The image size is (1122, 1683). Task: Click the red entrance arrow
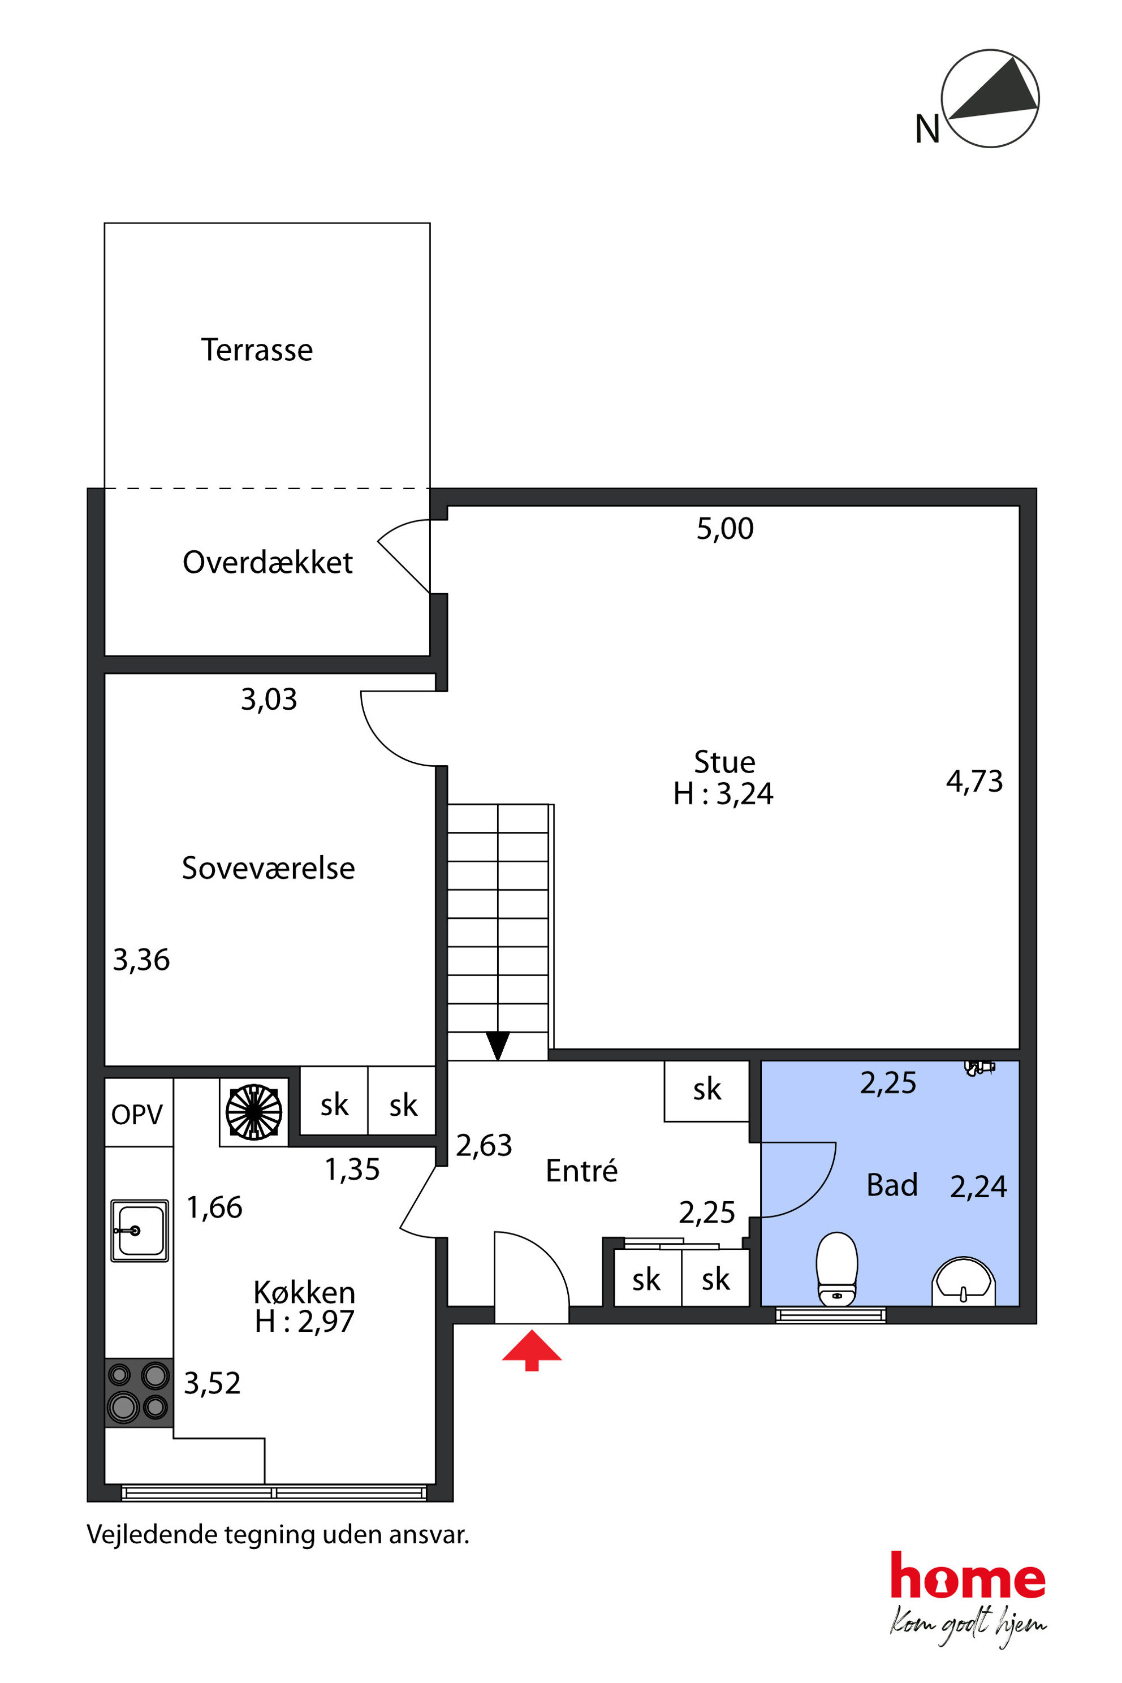pos(532,1349)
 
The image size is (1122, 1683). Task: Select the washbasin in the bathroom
pos(963,1281)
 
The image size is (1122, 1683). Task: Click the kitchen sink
pos(140,1230)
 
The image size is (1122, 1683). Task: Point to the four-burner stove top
pos(139,1392)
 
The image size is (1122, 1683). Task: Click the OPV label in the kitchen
pos(137,1114)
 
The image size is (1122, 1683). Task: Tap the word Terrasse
pos(257,350)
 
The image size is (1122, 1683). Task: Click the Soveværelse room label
pos(268,868)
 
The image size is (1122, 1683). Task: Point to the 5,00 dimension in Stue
pos(725,529)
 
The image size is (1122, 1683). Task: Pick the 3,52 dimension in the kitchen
pos(213,1383)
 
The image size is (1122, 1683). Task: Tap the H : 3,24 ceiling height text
pos(723,793)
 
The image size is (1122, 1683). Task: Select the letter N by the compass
pos(927,130)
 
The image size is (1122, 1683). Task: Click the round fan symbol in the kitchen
pos(254,1111)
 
